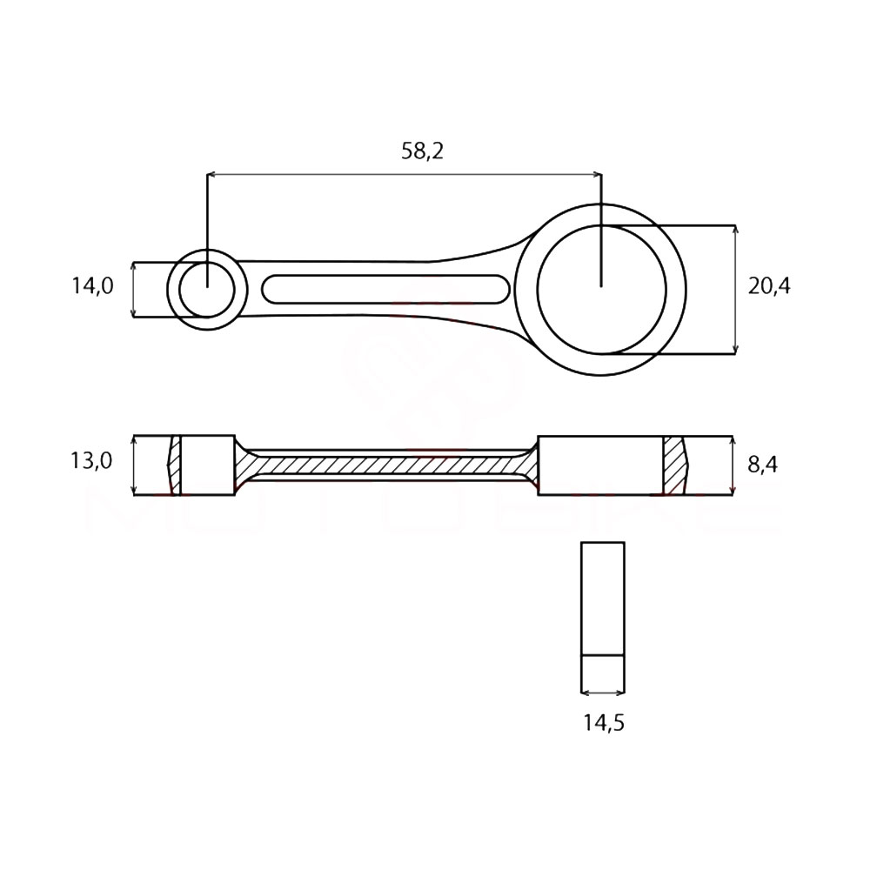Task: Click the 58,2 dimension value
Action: (x=422, y=151)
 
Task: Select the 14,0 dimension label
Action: (x=92, y=285)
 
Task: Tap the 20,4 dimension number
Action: (x=769, y=285)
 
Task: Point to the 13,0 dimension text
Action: (x=91, y=460)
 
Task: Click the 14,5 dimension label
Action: (x=604, y=721)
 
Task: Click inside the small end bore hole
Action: (x=208, y=290)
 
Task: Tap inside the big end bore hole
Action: (x=601, y=289)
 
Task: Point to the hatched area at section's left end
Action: (x=176, y=465)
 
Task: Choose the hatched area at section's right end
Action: (x=673, y=465)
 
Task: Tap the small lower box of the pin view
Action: (x=602, y=673)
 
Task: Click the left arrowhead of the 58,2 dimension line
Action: (x=211, y=175)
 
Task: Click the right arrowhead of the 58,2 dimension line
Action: (x=597, y=175)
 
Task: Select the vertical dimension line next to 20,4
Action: (x=736, y=290)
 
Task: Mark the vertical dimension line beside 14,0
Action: (x=133, y=290)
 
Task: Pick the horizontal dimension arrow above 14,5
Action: (x=602, y=693)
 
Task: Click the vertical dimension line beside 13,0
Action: (x=133, y=465)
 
